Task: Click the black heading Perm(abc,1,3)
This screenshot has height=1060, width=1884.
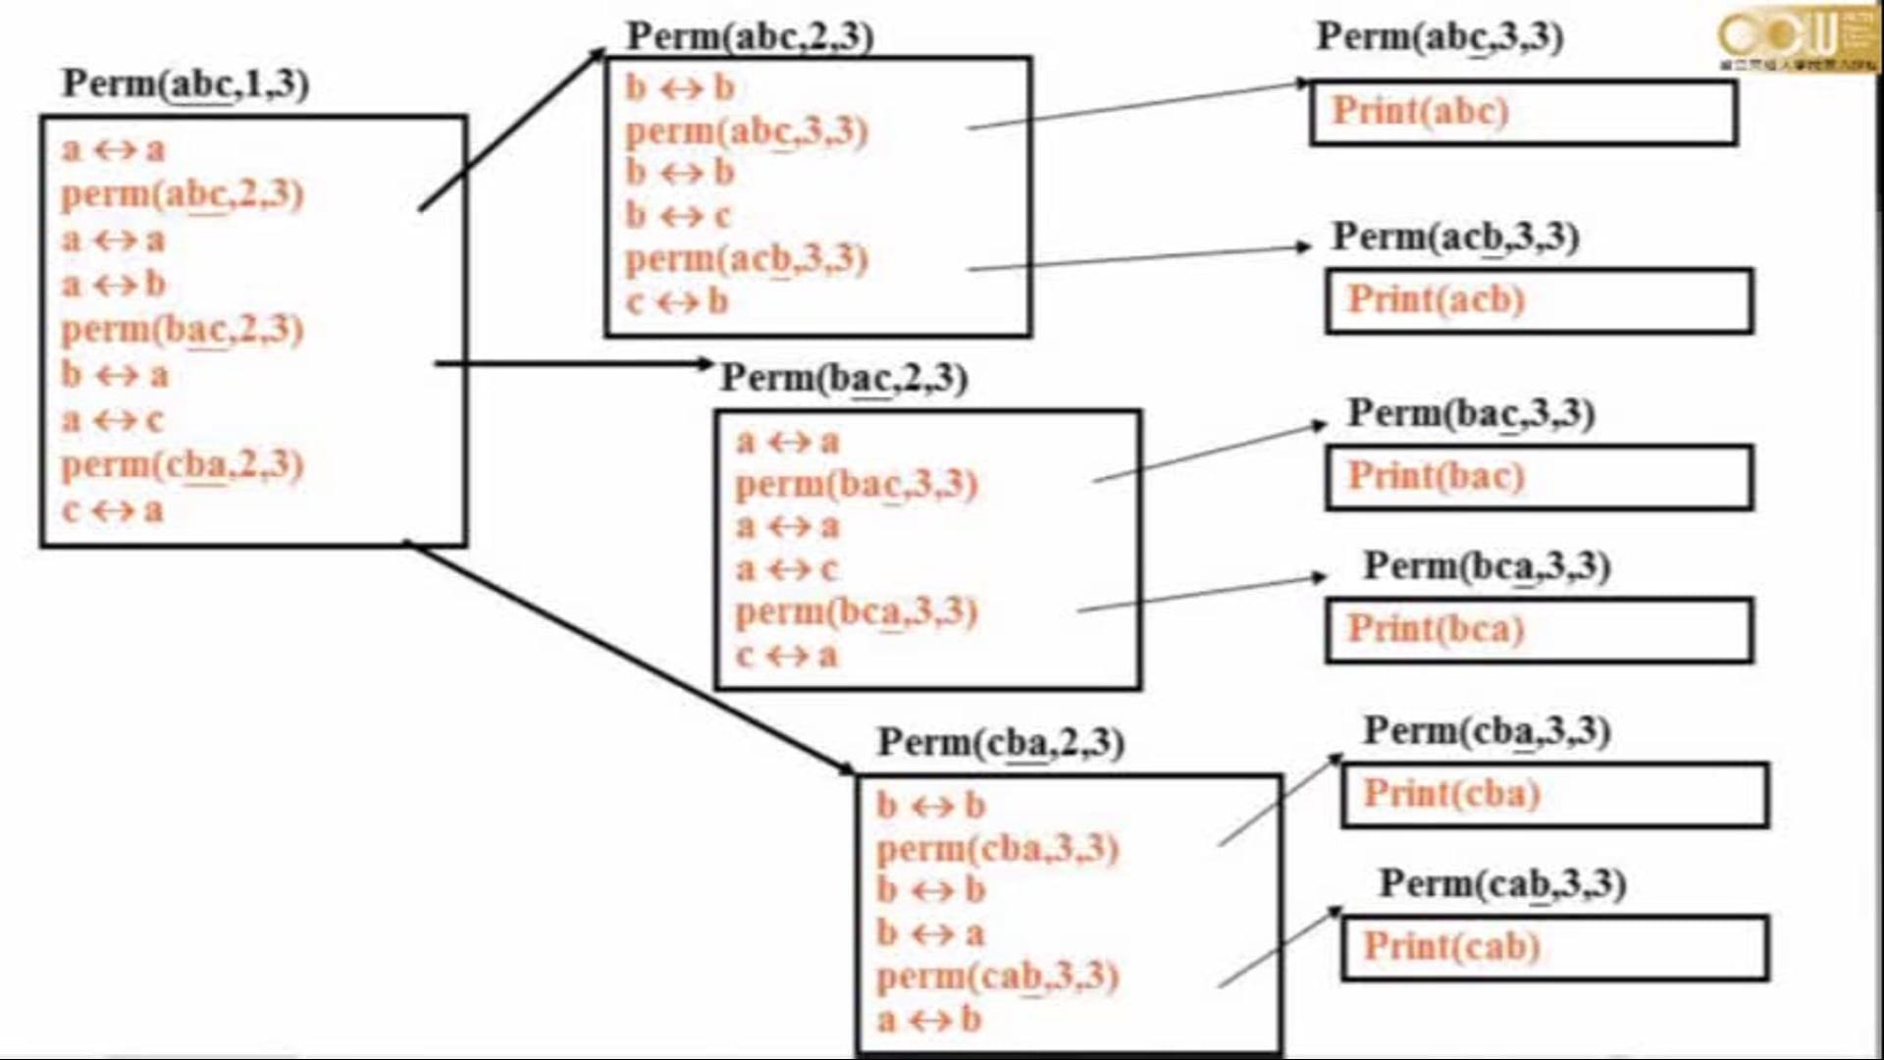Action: click(x=185, y=84)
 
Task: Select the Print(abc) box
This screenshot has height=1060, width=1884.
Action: click(x=1523, y=113)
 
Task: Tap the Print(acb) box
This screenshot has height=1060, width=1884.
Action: click(x=1539, y=301)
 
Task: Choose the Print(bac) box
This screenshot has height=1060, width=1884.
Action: click(x=1539, y=478)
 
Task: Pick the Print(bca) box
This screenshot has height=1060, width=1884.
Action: click(x=1539, y=631)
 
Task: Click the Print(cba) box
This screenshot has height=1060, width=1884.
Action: click(x=1554, y=795)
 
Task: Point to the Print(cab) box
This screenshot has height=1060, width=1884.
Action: click(x=1554, y=948)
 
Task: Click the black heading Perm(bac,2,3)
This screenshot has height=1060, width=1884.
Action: click(x=844, y=378)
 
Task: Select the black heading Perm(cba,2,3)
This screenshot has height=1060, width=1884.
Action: click(x=1000, y=743)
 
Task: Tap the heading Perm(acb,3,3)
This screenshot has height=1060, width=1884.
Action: click(x=1455, y=238)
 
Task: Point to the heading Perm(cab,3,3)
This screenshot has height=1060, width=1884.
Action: click(x=1502, y=884)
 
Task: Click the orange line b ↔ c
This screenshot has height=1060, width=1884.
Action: click(x=678, y=216)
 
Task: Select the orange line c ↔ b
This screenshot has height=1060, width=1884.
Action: click(x=677, y=302)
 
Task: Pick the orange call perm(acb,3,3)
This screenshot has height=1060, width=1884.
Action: click(x=747, y=259)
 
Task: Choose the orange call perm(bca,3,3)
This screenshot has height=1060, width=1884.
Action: click(x=857, y=612)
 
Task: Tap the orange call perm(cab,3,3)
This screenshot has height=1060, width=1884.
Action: click(x=997, y=977)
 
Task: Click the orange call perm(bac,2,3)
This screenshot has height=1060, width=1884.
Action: click(x=183, y=330)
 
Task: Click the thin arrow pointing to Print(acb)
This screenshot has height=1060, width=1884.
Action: click(x=1138, y=257)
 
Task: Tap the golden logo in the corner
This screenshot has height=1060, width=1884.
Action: click(x=1797, y=37)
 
